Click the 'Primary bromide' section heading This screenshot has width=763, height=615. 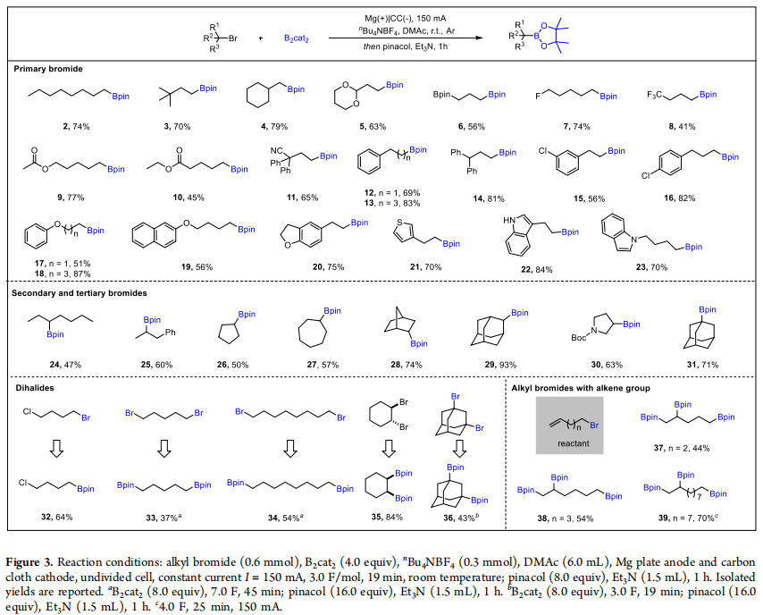50,68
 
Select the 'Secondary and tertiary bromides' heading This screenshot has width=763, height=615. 80,291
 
